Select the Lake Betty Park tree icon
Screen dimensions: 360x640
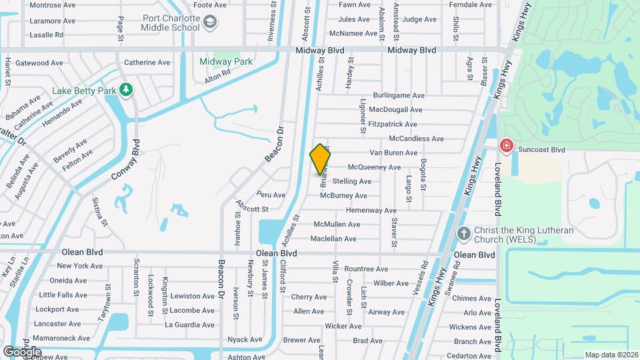[x=125, y=89]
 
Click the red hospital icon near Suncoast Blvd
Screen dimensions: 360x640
[x=507, y=145]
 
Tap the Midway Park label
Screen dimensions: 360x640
[x=226, y=61]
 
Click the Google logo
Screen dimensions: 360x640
[x=21, y=351]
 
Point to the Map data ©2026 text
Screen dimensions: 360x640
[x=611, y=355]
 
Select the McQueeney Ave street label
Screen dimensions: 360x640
[x=375, y=167]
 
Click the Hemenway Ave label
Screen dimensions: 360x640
[x=371, y=210]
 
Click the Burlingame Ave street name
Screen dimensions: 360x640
[x=399, y=96]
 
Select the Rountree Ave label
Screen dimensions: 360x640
[x=366, y=269]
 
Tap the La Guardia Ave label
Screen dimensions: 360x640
[x=189, y=325]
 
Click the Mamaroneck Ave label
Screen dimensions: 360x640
[x=63, y=338]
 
